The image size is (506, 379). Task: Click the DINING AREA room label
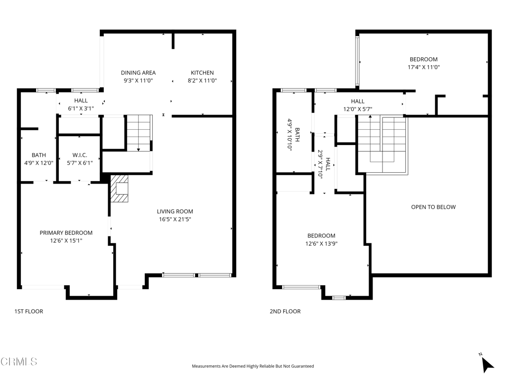[138, 73]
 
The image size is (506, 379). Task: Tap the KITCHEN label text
[202, 73]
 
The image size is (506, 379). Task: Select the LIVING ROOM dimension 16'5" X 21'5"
[175, 220]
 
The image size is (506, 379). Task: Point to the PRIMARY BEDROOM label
[66, 233]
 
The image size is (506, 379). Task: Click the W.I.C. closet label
[80, 155]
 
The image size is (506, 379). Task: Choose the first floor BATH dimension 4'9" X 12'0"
[39, 163]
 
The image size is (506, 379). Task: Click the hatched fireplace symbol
[120, 189]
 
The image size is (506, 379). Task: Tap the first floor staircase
[139, 133]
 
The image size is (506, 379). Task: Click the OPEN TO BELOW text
[433, 207]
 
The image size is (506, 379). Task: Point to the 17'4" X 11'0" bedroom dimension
[423, 67]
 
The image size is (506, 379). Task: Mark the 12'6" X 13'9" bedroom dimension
[321, 244]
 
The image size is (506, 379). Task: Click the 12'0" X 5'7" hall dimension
[358, 109]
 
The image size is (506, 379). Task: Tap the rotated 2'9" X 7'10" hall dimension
[320, 163]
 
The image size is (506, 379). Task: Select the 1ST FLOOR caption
[29, 311]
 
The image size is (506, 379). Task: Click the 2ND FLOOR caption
[285, 311]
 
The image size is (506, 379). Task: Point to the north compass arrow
[487, 365]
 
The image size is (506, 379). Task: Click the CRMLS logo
[19, 361]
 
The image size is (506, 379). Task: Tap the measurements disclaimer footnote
[253, 366]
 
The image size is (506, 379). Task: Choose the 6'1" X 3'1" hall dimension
[81, 109]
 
